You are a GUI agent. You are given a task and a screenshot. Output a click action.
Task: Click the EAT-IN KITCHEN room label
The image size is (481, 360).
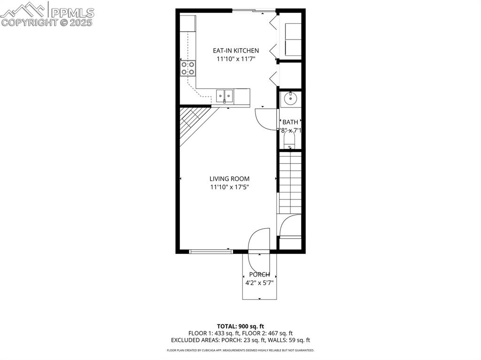236,51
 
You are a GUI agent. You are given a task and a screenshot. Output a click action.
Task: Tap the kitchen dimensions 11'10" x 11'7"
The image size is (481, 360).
236,59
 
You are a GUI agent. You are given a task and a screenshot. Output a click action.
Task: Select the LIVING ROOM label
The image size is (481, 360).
229,179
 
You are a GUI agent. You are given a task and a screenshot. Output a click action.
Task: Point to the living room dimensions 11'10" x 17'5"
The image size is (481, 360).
229,187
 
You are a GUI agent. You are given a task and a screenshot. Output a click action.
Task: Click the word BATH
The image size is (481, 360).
290,123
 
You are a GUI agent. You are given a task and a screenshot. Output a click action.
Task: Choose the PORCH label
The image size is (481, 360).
259,275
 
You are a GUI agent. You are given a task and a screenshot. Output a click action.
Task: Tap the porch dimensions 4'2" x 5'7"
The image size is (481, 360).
259,283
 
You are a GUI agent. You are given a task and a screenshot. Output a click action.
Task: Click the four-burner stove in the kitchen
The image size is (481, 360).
188,68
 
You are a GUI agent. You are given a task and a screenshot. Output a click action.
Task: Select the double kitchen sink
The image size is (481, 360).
225,96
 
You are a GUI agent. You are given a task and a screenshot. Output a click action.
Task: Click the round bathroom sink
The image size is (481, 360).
290,99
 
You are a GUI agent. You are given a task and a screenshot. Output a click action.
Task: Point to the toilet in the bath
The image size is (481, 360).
290,140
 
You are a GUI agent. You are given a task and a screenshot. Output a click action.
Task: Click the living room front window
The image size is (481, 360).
211,252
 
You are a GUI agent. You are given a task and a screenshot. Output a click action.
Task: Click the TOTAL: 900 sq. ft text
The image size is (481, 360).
240,326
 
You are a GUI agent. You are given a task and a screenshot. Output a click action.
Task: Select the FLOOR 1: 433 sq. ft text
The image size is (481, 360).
214,333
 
